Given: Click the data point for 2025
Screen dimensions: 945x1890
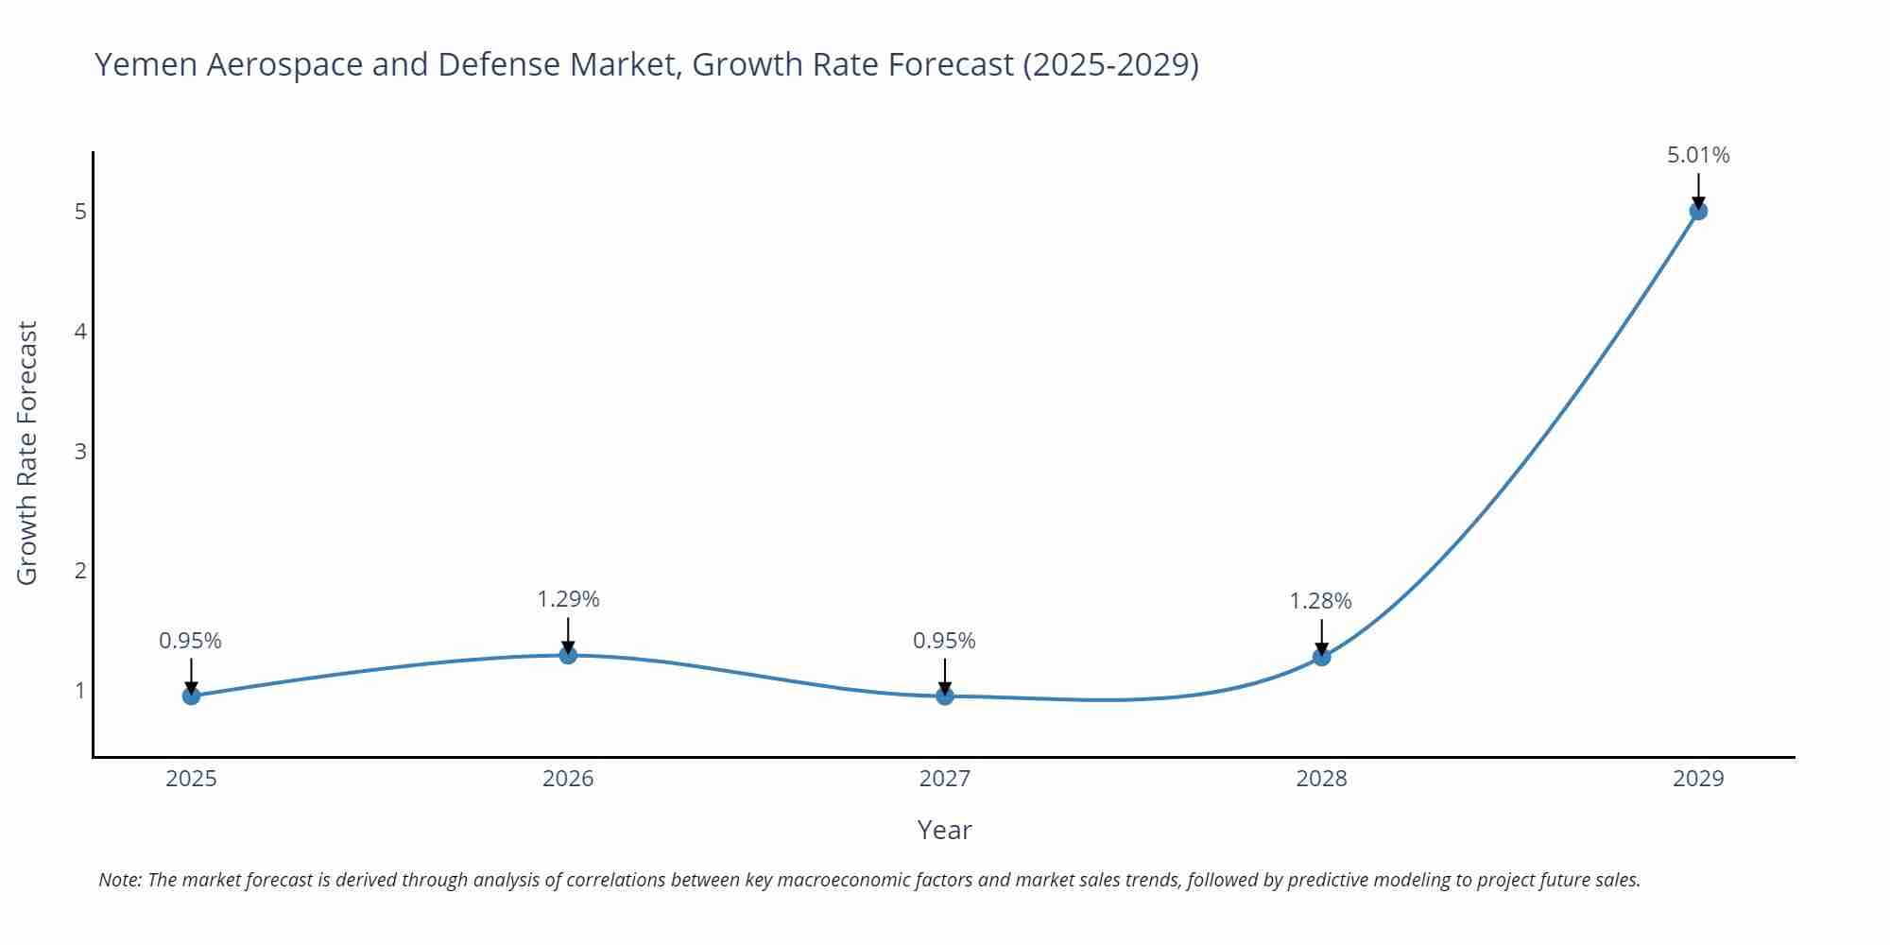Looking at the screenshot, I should (191, 696).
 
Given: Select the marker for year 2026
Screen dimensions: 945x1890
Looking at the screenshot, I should (568, 655).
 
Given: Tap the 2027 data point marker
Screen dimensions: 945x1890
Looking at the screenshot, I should (945, 696).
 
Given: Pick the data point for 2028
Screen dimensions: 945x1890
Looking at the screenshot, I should (1321, 657).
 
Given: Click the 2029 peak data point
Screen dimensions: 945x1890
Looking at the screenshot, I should (1698, 211).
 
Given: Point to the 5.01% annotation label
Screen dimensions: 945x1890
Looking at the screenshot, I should (1698, 155).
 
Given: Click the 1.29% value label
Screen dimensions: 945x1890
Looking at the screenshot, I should (568, 599).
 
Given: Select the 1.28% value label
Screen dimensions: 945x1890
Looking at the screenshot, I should (1320, 601).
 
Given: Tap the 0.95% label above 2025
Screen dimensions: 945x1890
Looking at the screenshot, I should (190, 641).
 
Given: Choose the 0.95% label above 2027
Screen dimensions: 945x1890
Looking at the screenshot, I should (944, 641).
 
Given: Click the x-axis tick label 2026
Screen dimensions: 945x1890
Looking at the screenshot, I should (568, 779).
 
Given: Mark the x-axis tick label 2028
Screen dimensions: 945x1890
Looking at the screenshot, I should (1321, 779).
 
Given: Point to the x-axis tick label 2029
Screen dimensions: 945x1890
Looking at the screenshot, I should (1698, 779).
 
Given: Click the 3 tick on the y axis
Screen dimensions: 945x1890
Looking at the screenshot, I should (80, 451).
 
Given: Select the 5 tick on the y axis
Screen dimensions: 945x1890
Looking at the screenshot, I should (80, 212).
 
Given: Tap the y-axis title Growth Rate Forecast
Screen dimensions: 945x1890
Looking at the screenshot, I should (27, 453).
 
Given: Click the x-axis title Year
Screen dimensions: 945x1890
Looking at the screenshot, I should (944, 830).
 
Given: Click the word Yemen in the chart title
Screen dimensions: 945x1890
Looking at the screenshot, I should (146, 65).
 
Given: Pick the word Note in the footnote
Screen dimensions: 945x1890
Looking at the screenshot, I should (119, 880).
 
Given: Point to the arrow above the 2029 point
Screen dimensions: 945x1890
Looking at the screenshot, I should (1698, 190).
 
